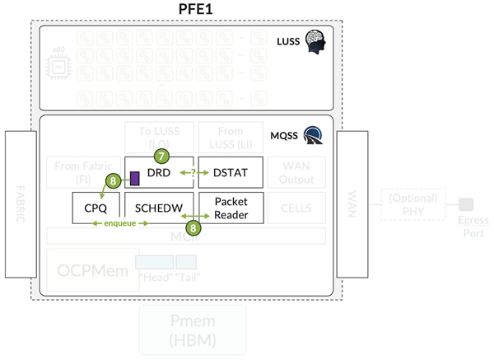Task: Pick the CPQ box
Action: click(96, 208)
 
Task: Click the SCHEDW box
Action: click(158, 208)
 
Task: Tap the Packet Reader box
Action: click(231, 208)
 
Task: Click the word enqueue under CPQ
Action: click(110, 224)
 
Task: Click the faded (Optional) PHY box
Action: click(413, 203)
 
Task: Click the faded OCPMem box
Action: click(87, 273)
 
